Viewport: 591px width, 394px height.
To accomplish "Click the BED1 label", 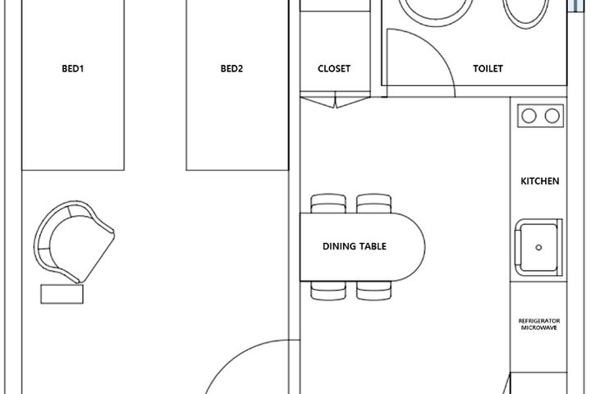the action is click(x=73, y=69).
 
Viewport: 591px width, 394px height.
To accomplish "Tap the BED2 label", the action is click(x=231, y=69).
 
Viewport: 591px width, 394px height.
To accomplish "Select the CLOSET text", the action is click(x=334, y=69).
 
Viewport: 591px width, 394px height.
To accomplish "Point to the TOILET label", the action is click(x=488, y=69).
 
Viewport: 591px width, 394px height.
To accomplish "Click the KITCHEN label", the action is click(x=540, y=181).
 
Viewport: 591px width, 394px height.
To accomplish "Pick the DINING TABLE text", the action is click(x=355, y=246).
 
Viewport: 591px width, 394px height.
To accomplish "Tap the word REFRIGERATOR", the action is click(x=539, y=321).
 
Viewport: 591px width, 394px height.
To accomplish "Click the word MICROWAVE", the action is click(x=539, y=328).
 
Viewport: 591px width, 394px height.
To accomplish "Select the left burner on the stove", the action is click(x=529, y=116).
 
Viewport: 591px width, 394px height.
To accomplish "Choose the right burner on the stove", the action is click(x=552, y=116).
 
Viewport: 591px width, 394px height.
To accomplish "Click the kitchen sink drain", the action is click(x=538, y=247).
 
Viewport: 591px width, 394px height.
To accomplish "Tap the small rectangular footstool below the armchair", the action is click(x=62, y=294).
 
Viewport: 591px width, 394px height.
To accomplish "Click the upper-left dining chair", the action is click(x=328, y=204).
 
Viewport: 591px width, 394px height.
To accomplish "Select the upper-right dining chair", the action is click(x=374, y=204).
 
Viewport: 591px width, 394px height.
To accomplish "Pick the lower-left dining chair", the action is click(x=328, y=291).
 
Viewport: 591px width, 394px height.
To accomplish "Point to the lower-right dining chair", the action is click(x=374, y=291).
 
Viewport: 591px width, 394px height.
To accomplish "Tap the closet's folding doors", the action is click(x=335, y=102).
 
